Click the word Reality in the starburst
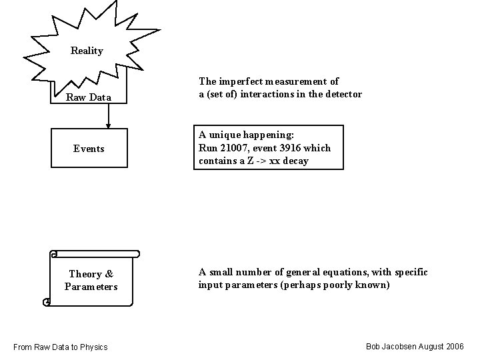tap(87, 51)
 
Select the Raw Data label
tap(89, 98)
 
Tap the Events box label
tap(89, 149)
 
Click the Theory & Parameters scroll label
tap(91, 280)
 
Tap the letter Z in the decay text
tap(251, 161)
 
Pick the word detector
tap(344, 94)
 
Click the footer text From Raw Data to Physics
tap(61, 347)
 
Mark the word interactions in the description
tap(267, 94)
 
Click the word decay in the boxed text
tap(295, 161)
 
